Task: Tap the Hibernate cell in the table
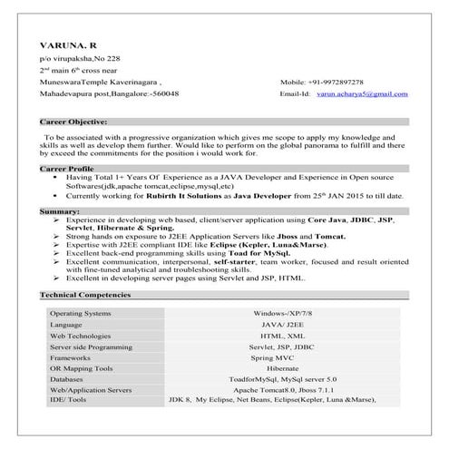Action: (x=282, y=368)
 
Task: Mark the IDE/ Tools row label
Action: (x=68, y=400)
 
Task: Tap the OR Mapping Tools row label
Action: (x=81, y=368)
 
